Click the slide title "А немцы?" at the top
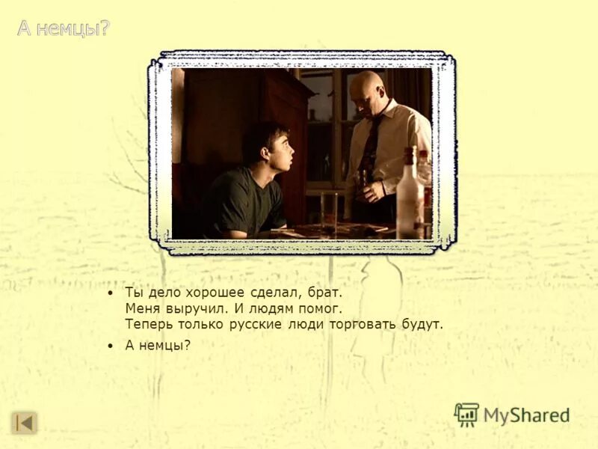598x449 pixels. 64,29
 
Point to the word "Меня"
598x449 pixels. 142,308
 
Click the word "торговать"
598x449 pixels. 362,324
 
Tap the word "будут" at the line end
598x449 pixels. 423,324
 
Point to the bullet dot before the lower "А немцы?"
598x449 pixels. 111,346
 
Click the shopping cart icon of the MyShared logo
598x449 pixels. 466,414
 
